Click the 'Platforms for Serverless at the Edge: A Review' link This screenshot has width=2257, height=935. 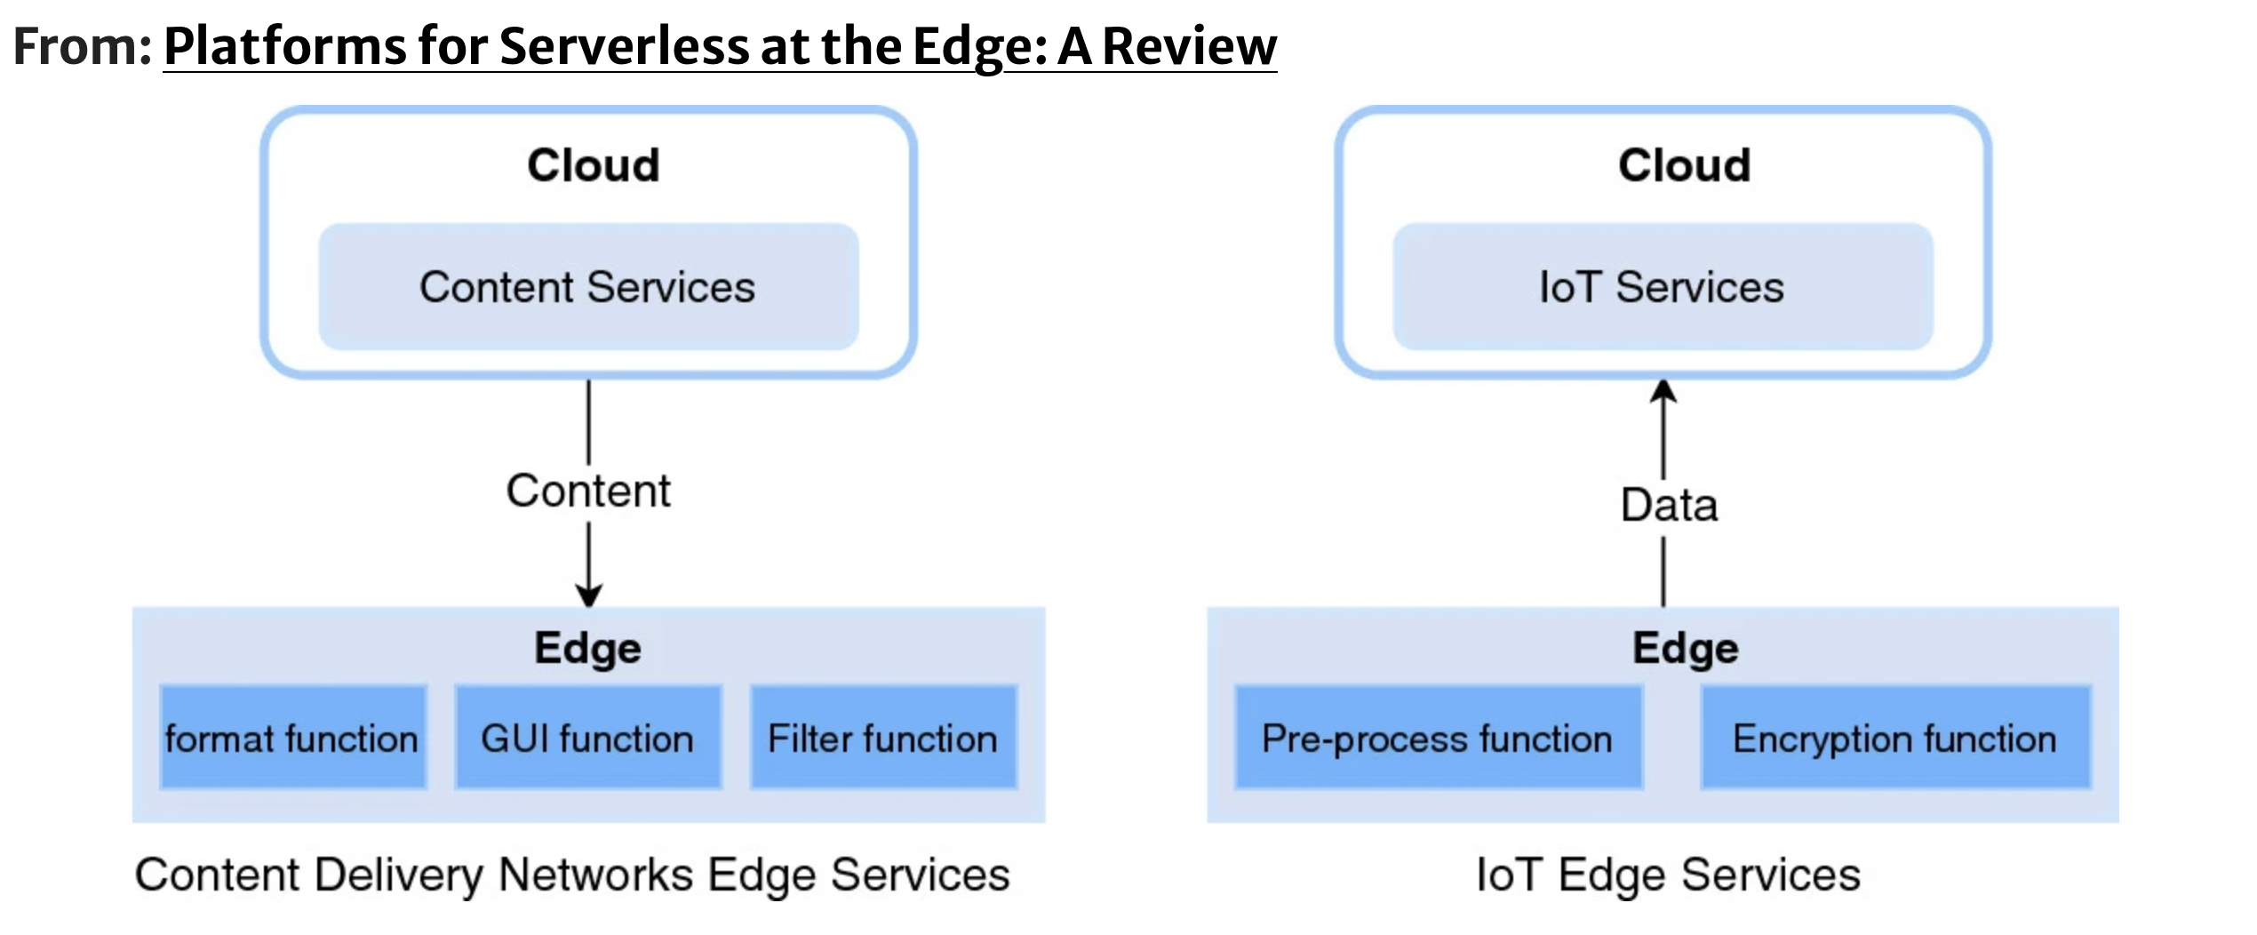coord(720,46)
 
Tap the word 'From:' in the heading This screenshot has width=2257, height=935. coord(83,46)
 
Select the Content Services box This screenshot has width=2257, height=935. coord(588,286)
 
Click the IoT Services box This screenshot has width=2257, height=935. coord(1663,286)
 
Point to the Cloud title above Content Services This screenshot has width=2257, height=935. coord(594,165)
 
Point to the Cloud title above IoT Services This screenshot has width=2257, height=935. coord(1684,165)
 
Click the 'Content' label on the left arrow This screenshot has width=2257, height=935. coord(588,491)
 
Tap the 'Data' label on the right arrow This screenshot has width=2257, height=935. coord(1669,505)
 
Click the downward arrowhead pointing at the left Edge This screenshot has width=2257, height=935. coord(588,595)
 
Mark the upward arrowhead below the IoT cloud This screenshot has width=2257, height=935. coord(1663,391)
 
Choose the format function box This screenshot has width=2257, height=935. coord(293,737)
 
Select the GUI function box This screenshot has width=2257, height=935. coord(588,737)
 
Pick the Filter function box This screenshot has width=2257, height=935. coord(883,737)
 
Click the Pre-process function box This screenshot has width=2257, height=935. coord(1439,737)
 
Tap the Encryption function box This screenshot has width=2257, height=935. coord(1896,737)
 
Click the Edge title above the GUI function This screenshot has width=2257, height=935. coord(587,648)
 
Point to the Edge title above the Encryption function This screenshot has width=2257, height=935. coord(1686,648)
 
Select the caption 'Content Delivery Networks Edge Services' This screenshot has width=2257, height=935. coord(572,875)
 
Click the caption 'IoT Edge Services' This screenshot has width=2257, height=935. coord(1668,875)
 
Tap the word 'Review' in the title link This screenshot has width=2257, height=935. coord(1190,46)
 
